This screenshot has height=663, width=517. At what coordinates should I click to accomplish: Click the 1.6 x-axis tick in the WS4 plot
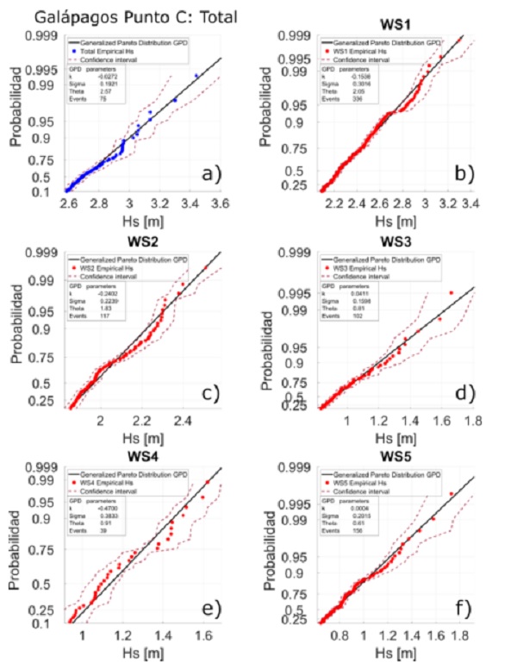point(203,637)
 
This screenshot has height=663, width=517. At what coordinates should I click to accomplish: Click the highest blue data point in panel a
point(196,76)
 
